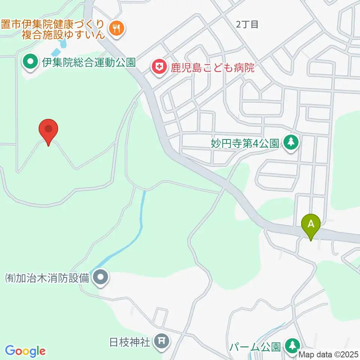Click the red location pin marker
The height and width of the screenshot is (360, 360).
[x=48, y=131]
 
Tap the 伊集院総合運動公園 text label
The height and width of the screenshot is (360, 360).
[x=88, y=62]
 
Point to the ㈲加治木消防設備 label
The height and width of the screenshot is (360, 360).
[x=47, y=278]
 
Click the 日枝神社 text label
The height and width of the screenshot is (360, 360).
[x=130, y=342]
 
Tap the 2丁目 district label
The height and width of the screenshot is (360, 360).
[x=247, y=25]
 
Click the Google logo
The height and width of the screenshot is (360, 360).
[x=25, y=351]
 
